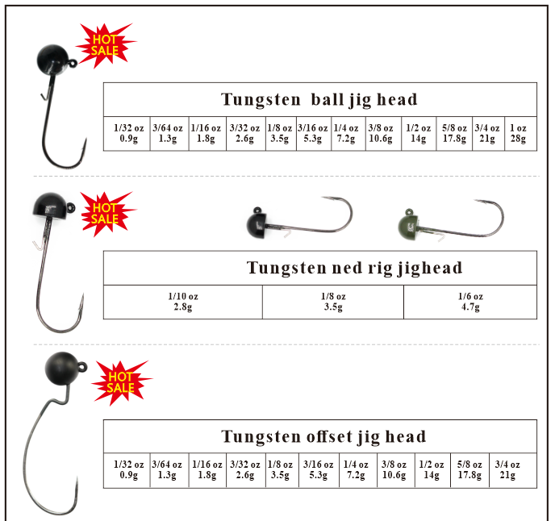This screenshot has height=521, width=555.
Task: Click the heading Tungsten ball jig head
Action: click(x=319, y=100)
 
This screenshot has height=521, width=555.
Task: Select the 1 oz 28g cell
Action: click(x=518, y=134)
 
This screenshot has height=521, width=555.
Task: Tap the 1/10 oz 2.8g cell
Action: click(x=182, y=302)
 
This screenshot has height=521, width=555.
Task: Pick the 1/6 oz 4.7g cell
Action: click(x=469, y=302)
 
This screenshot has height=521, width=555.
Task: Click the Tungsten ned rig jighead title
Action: click(x=354, y=268)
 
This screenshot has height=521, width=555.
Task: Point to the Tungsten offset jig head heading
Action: click(x=323, y=437)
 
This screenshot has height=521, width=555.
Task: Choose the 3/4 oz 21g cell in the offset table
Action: click(x=507, y=470)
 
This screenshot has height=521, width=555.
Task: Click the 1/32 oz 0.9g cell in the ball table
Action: click(x=128, y=134)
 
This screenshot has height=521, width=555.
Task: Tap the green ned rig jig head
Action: click(x=411, y=225)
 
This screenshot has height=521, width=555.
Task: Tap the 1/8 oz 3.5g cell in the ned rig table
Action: click(x=333, y=302)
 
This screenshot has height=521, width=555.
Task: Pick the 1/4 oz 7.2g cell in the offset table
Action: click(x=357, y=470)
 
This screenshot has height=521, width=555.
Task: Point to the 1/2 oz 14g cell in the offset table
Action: click(x=432, y=470)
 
